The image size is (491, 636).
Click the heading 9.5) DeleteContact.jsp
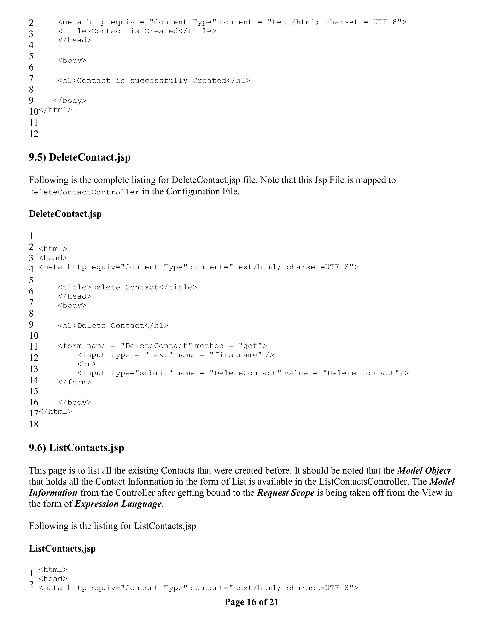tap(80, 157)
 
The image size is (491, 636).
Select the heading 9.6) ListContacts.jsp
tap(76, 448)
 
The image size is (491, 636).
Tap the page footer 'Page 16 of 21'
tap(251, 602)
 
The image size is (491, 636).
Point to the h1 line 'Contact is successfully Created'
tap(154, 81)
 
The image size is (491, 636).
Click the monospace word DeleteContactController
tap(84, 192)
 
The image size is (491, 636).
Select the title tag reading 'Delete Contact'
tap(127, 288)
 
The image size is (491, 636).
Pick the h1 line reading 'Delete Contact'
tap(113, 326)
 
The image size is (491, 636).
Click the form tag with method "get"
tap(162, 346)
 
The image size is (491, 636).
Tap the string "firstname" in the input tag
tap(236, 355)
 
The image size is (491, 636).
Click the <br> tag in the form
tap(86, 364)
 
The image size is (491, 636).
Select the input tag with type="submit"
tap(243, 373)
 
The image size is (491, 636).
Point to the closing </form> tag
tap(75, 382)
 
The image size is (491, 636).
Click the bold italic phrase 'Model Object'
tap(424, 471)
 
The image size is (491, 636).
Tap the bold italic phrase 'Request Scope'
tap(286, 493)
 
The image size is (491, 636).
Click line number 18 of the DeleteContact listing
tap(34, 424)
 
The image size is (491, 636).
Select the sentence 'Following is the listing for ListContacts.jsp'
tap(112, 526)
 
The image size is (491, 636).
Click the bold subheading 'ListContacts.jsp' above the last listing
tap(62, 549)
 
